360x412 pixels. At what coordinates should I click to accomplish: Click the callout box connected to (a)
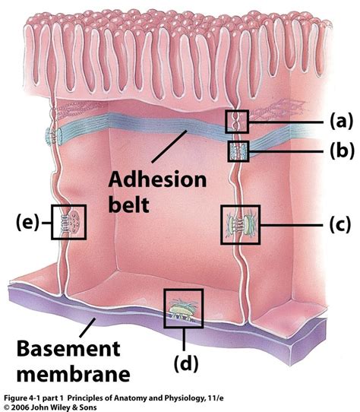(x=238, y=120)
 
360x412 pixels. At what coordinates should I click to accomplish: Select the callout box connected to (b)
(x=238, y=151)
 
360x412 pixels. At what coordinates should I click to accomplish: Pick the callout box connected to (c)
(x=240, y=224)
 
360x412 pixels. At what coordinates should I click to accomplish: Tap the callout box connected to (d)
(x=184, y=308)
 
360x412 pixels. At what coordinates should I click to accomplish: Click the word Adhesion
(x=158, y=181)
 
